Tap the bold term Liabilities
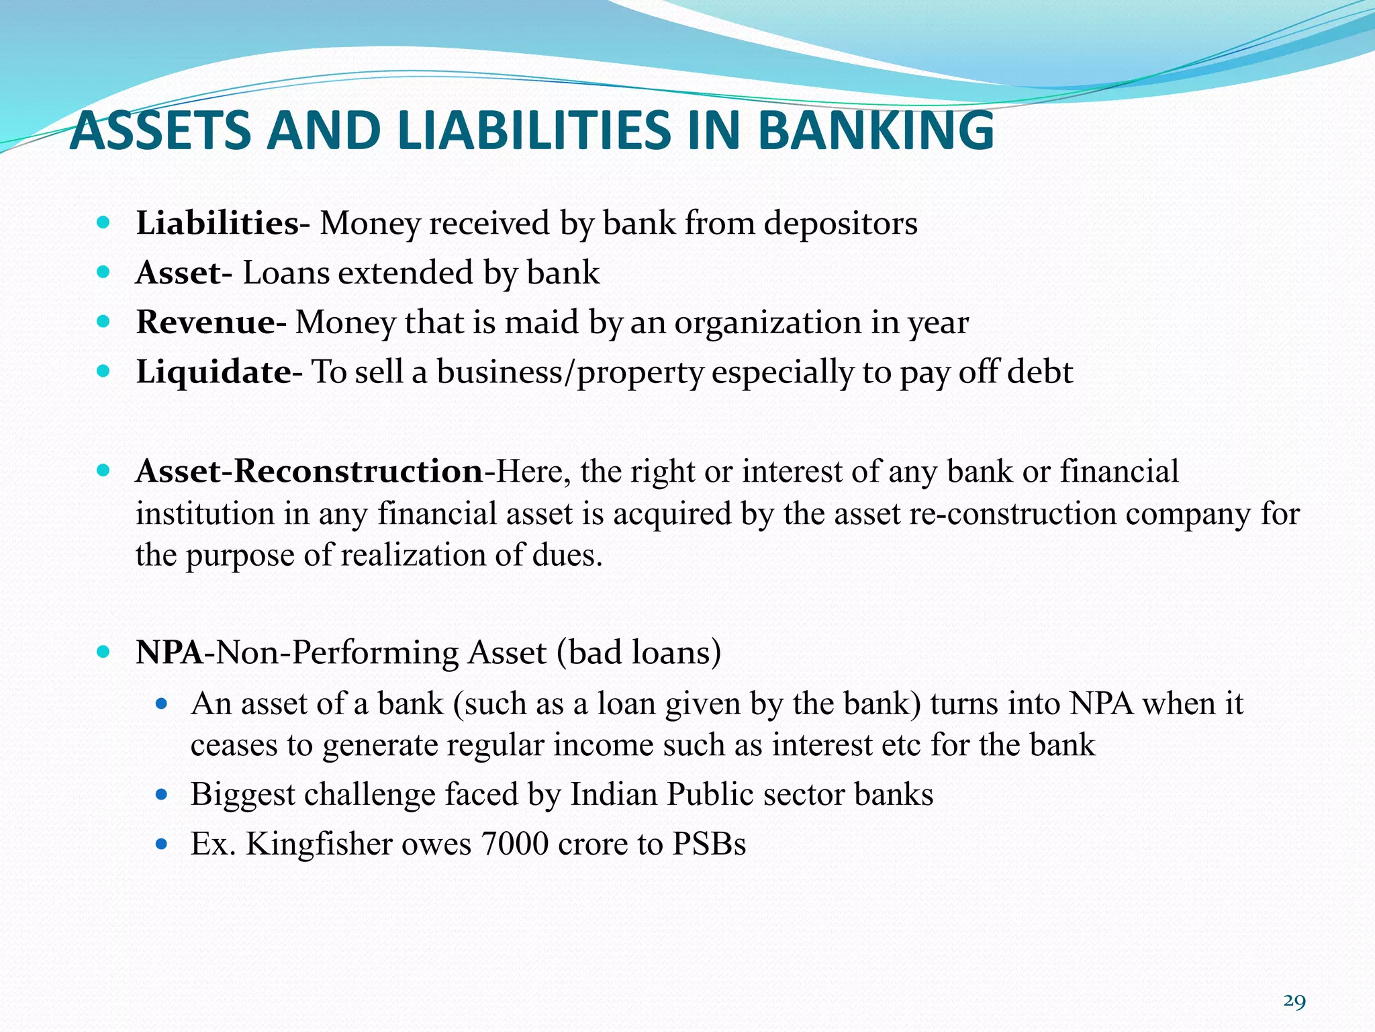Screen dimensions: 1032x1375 (x=216, y=223)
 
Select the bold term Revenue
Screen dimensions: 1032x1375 (x=205, y=322)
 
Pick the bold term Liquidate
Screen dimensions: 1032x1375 (x=213, y=372)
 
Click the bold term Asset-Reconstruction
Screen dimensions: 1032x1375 (x=309, y=471)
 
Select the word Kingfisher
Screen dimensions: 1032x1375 (x=319, y=844)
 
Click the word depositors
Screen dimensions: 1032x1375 (x=841, y=223)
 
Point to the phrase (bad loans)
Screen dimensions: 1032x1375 (x=638, y=652)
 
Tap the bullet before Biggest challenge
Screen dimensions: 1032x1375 (x=160, y=795)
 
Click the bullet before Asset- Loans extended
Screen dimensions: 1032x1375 (x=103, y=273)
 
